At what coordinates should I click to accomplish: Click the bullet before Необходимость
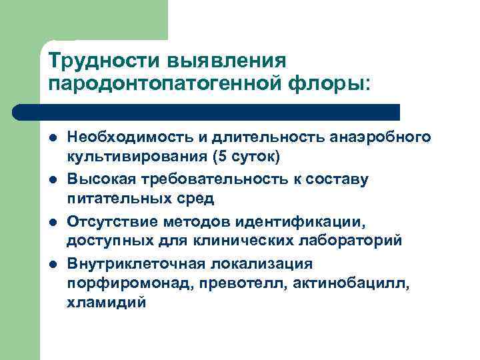coord(53,139)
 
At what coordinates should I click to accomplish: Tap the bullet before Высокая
coord(53,180)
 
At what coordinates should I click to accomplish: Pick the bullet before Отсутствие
coord(53,221)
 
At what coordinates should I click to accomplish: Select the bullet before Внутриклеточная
coord(53,263)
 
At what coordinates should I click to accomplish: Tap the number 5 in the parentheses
coord(218,158)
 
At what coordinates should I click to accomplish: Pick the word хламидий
coord(105,303)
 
